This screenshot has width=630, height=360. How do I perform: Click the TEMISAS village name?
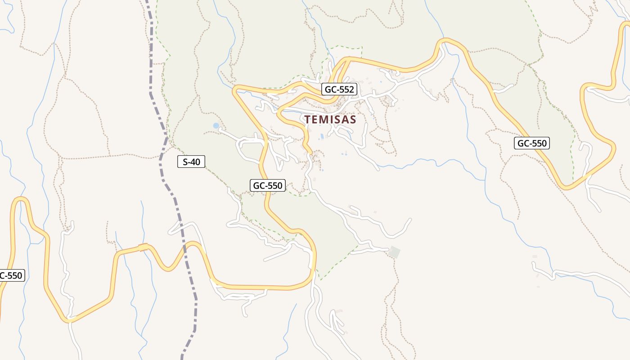[x=330, y=120]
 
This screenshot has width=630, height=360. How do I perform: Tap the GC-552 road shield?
[x=339, y=90]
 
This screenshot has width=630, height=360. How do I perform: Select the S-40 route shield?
[x=191, y=162]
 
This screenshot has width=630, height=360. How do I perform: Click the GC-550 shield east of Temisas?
[x=532, y=144]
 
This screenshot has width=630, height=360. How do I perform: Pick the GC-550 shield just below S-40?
[x=268, y=185]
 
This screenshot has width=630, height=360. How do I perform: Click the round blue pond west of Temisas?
[x=216, y=126]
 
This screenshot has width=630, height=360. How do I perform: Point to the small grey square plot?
[x=395, y=252]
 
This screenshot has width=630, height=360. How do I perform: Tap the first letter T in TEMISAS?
[x=307, y=120]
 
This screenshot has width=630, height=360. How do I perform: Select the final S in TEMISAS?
[x=353, y=120]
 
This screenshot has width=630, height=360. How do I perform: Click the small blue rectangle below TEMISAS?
[x=321, y=136]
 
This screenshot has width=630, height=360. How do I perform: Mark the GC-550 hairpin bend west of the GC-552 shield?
[x=235, y=91]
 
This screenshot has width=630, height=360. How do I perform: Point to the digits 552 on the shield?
[x=346, y=90]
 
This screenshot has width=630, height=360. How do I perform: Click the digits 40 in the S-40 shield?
[x=195, y=162]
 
